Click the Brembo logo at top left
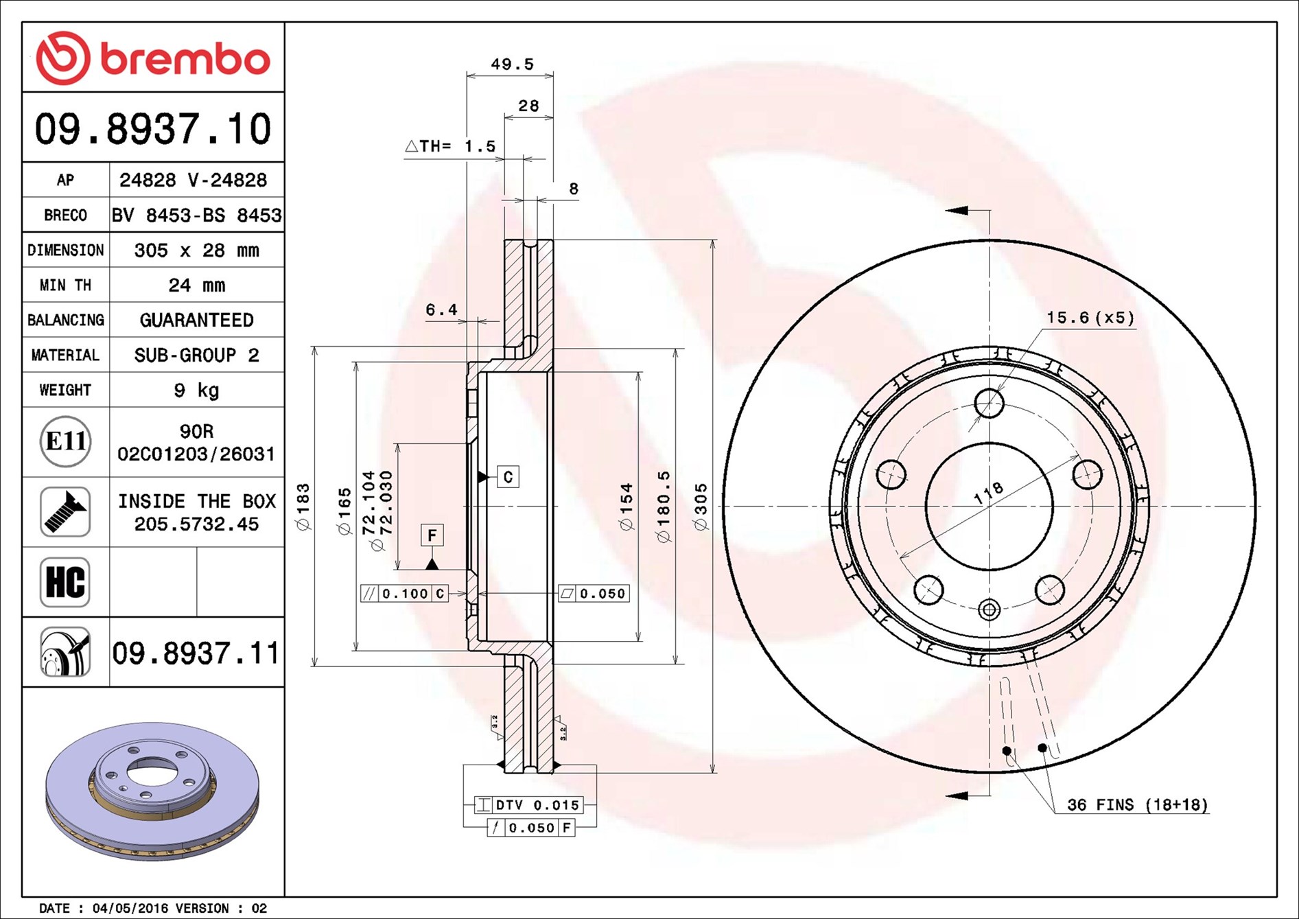pos(153,58)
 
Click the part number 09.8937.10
pos(153,128)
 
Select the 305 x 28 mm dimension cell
pos(197,250)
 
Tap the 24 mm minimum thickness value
pos(197,285)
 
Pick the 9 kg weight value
pos(197,390)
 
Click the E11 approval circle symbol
pos(65,441)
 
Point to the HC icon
pos(65,582)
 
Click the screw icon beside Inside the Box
pos(65,512)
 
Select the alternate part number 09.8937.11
pos(196,653)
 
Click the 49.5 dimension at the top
pos(512,64)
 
